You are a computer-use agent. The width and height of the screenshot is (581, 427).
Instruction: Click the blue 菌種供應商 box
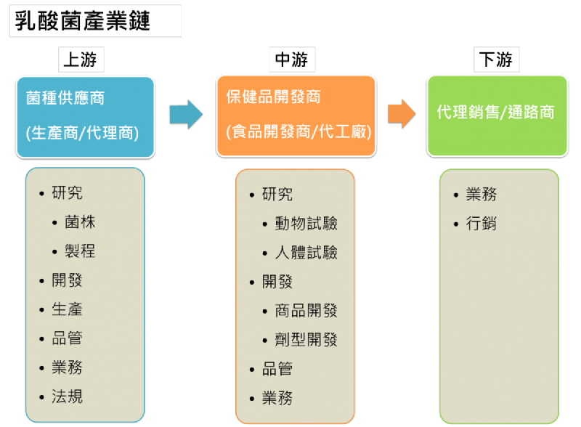click(x=85, y=116)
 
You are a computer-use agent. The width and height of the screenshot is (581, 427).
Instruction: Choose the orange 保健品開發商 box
click(x=296, y=116)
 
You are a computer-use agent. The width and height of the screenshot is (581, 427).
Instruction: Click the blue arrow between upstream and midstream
click(x=186, y=114)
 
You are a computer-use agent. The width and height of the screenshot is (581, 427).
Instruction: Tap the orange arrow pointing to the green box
click(x=401, y=114)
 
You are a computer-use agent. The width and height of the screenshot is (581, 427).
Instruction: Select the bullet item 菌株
click(x=80, y=222)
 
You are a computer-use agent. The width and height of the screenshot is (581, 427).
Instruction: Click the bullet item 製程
click(x=80, y=251)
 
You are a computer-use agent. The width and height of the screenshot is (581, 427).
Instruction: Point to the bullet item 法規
click(x=67, y=396)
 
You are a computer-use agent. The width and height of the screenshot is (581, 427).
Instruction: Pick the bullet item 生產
click(x=67, y=309)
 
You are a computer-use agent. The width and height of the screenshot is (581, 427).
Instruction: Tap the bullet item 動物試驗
click(x=306, y=224)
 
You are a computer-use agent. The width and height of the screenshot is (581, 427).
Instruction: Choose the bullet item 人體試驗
click(x=306, y=253)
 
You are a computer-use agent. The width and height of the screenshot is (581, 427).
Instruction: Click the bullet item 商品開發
click(x=306, y=311)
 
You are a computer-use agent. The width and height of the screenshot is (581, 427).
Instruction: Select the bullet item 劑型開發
click(x=306, y=340)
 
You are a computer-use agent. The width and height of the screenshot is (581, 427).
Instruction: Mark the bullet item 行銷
click(x=481, y=224)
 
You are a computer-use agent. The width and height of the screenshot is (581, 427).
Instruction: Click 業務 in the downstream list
click(x=481, y=195)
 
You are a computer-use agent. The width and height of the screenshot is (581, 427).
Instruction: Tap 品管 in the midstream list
click(x=277, y=369)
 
